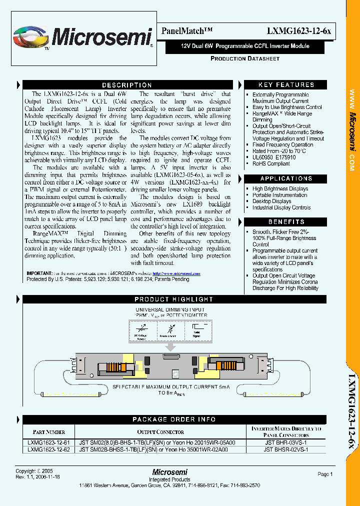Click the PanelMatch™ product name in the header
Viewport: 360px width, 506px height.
point(187,31)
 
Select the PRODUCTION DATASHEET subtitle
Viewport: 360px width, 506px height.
point(245,58)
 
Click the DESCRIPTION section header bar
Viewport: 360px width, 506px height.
point(127,85)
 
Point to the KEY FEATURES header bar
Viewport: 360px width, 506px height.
point(286,85)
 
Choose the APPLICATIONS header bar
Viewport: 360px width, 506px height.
point(286,178)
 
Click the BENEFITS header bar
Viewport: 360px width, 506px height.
point(286,221)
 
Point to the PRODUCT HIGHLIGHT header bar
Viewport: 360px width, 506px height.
point(174,299)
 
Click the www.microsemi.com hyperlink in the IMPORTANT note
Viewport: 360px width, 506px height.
point(176,273)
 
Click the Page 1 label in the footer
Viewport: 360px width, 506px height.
point(325,474)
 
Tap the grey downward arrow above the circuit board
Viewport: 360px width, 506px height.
point(171,346)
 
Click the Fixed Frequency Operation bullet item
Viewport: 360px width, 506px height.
point(282,145)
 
